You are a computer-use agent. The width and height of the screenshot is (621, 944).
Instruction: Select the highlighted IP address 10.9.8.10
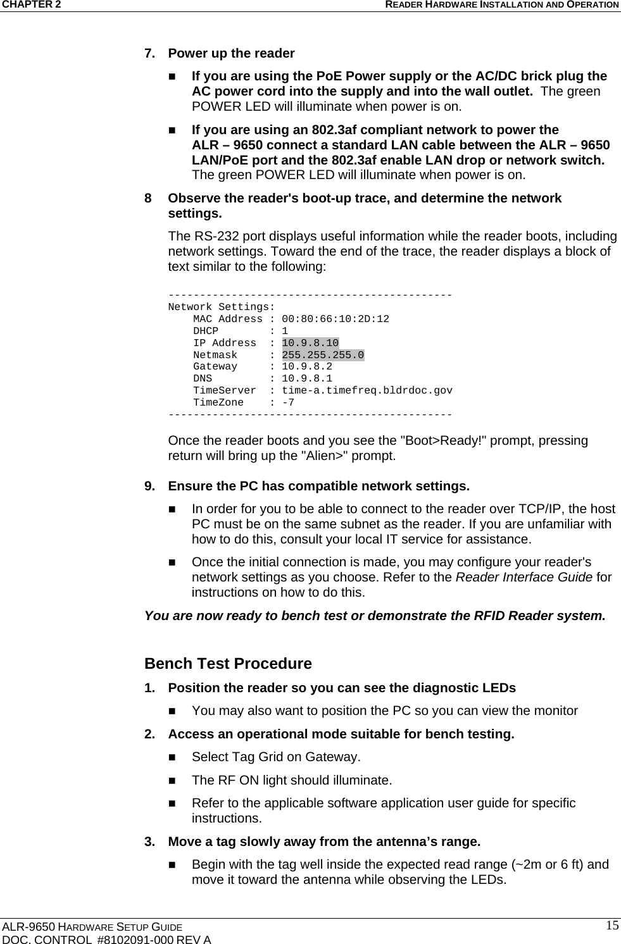pyautogui.click(x=310, y=343)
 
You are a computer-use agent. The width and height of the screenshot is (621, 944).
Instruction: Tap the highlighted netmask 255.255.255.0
pyautogui.click(x=323, y=355)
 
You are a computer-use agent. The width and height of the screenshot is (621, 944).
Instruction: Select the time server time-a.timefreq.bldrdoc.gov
pyautogui.click(x=367, y=390)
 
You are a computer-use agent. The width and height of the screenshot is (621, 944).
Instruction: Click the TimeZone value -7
pyautogui.click(x=288, y=402)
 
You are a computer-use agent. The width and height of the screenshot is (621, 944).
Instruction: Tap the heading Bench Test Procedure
pyautogui.click(x=228, y=664)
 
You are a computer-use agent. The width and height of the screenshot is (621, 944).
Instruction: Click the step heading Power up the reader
pyautogui.click(x=231, y=53)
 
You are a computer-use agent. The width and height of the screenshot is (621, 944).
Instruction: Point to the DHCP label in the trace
pyautogui.click(x=206, y=331)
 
